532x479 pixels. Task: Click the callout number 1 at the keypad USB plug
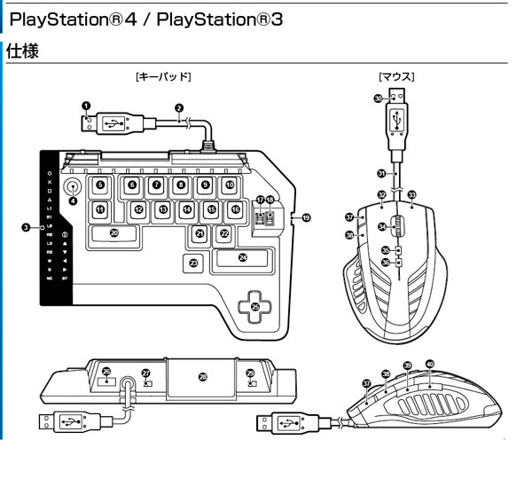(86, 106)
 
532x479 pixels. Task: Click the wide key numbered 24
(242, 258)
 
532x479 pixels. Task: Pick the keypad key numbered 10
(229, 185)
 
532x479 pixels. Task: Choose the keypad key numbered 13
(164, 210)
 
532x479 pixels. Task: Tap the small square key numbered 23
(194, 263)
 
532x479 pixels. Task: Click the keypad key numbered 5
(100, 186)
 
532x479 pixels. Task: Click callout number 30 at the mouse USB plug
(379, 100)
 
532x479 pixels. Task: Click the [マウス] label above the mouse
(396, 77)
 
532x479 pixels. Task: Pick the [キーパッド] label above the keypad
(163, 77)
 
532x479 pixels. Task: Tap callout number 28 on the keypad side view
(203, 377)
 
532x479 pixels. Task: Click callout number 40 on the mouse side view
(430, 363)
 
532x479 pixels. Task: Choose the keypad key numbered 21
(200, 234)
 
